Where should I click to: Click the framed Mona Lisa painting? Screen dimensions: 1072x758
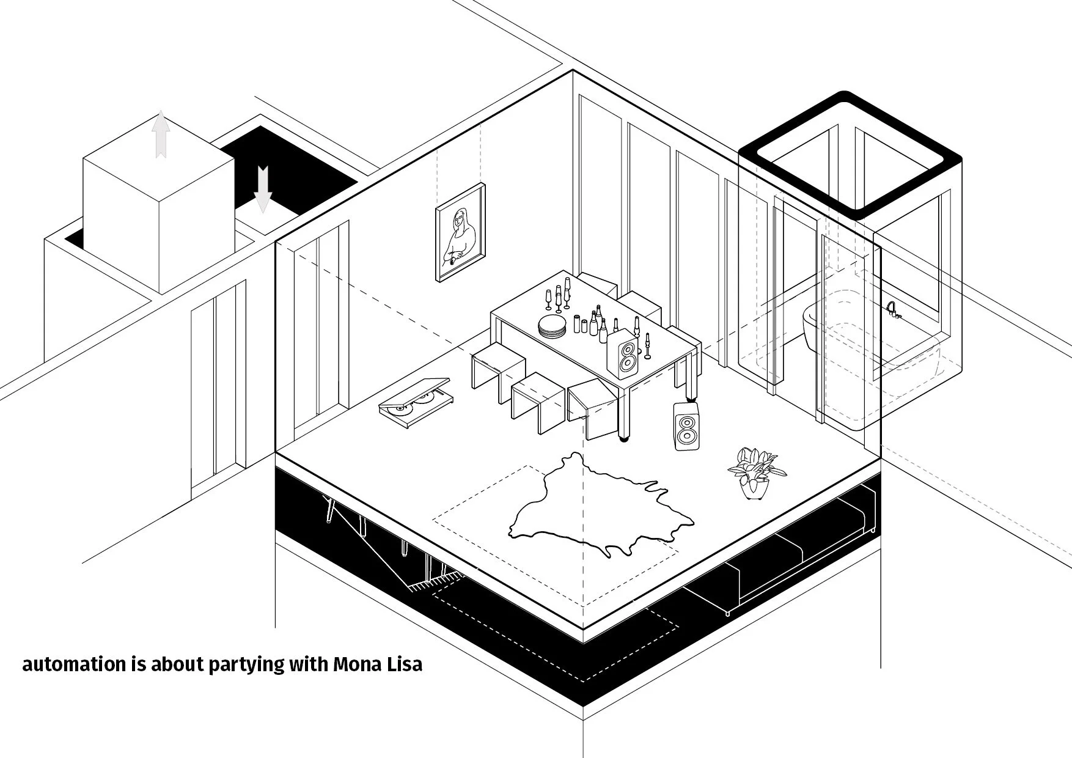[x=460, y=232]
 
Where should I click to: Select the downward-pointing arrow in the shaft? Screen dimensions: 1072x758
[x=263, y=189]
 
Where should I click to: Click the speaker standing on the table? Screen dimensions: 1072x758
[x=625, y=354]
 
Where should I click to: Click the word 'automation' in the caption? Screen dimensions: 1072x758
[x=74, y=664]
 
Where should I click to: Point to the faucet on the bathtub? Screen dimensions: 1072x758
[x=893, y=310]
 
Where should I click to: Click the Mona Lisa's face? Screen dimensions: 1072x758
[x=460, y=217]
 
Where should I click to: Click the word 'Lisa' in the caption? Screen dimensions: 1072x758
[x=405, y=664]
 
